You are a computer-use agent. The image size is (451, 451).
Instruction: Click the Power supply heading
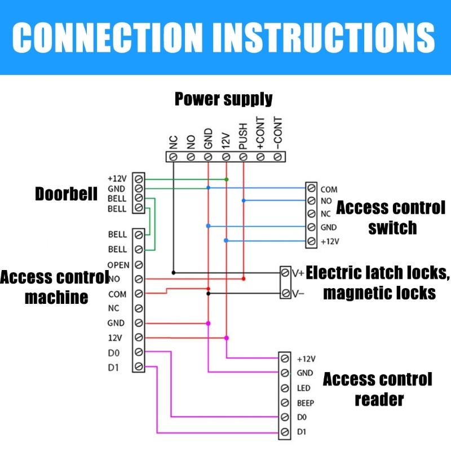(x=223, y=99)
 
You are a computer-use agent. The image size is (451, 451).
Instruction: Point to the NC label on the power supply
(x=174, y=141)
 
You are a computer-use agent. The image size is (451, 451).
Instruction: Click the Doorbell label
(x=66, y=194)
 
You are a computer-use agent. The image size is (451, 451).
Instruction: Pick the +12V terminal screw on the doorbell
(x=138, y=179)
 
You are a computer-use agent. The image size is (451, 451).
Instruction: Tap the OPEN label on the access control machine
(x=118, y=265)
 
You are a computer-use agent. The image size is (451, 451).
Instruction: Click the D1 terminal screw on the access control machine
(x=138, y=367)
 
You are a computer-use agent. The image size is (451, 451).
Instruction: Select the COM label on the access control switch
(x=329, y=189)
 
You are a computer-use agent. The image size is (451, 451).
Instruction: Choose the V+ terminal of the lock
(x=286, y=273)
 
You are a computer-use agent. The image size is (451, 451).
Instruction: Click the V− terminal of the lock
(x=286, y=294)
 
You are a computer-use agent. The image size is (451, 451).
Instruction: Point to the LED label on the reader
(x=303, y=388)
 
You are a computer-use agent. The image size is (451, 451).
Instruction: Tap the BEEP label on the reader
(x=305, y=403)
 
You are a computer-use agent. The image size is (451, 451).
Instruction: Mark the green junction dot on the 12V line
(x=226, y=179)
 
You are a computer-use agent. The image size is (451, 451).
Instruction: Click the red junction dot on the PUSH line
(x=243, y=278)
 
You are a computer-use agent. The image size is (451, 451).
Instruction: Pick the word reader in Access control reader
(x=379, y=399)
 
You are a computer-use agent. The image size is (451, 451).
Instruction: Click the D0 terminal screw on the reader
(x=285, y=418)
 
